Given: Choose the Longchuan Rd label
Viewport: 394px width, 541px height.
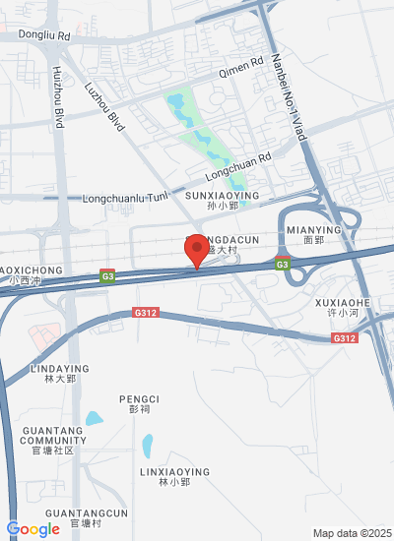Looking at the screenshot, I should pos(237,162).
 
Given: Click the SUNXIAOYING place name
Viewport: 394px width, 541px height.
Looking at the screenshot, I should pos(222,197).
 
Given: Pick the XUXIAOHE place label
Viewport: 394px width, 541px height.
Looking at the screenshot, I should pos(342,302).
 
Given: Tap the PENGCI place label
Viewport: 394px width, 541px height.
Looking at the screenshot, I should pos(139,399).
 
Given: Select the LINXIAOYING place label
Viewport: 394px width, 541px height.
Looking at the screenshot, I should pos(173,472).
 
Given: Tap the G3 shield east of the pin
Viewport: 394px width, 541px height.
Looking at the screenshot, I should pos(282,264).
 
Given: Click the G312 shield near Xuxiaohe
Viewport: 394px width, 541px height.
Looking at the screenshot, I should pos(344,338).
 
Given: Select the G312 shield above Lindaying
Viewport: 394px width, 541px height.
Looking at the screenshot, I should pos(145,313).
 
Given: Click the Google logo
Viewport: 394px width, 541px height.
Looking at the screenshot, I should pos(33,529).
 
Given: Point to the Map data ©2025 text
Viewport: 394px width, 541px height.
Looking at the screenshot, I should pos(352,533).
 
